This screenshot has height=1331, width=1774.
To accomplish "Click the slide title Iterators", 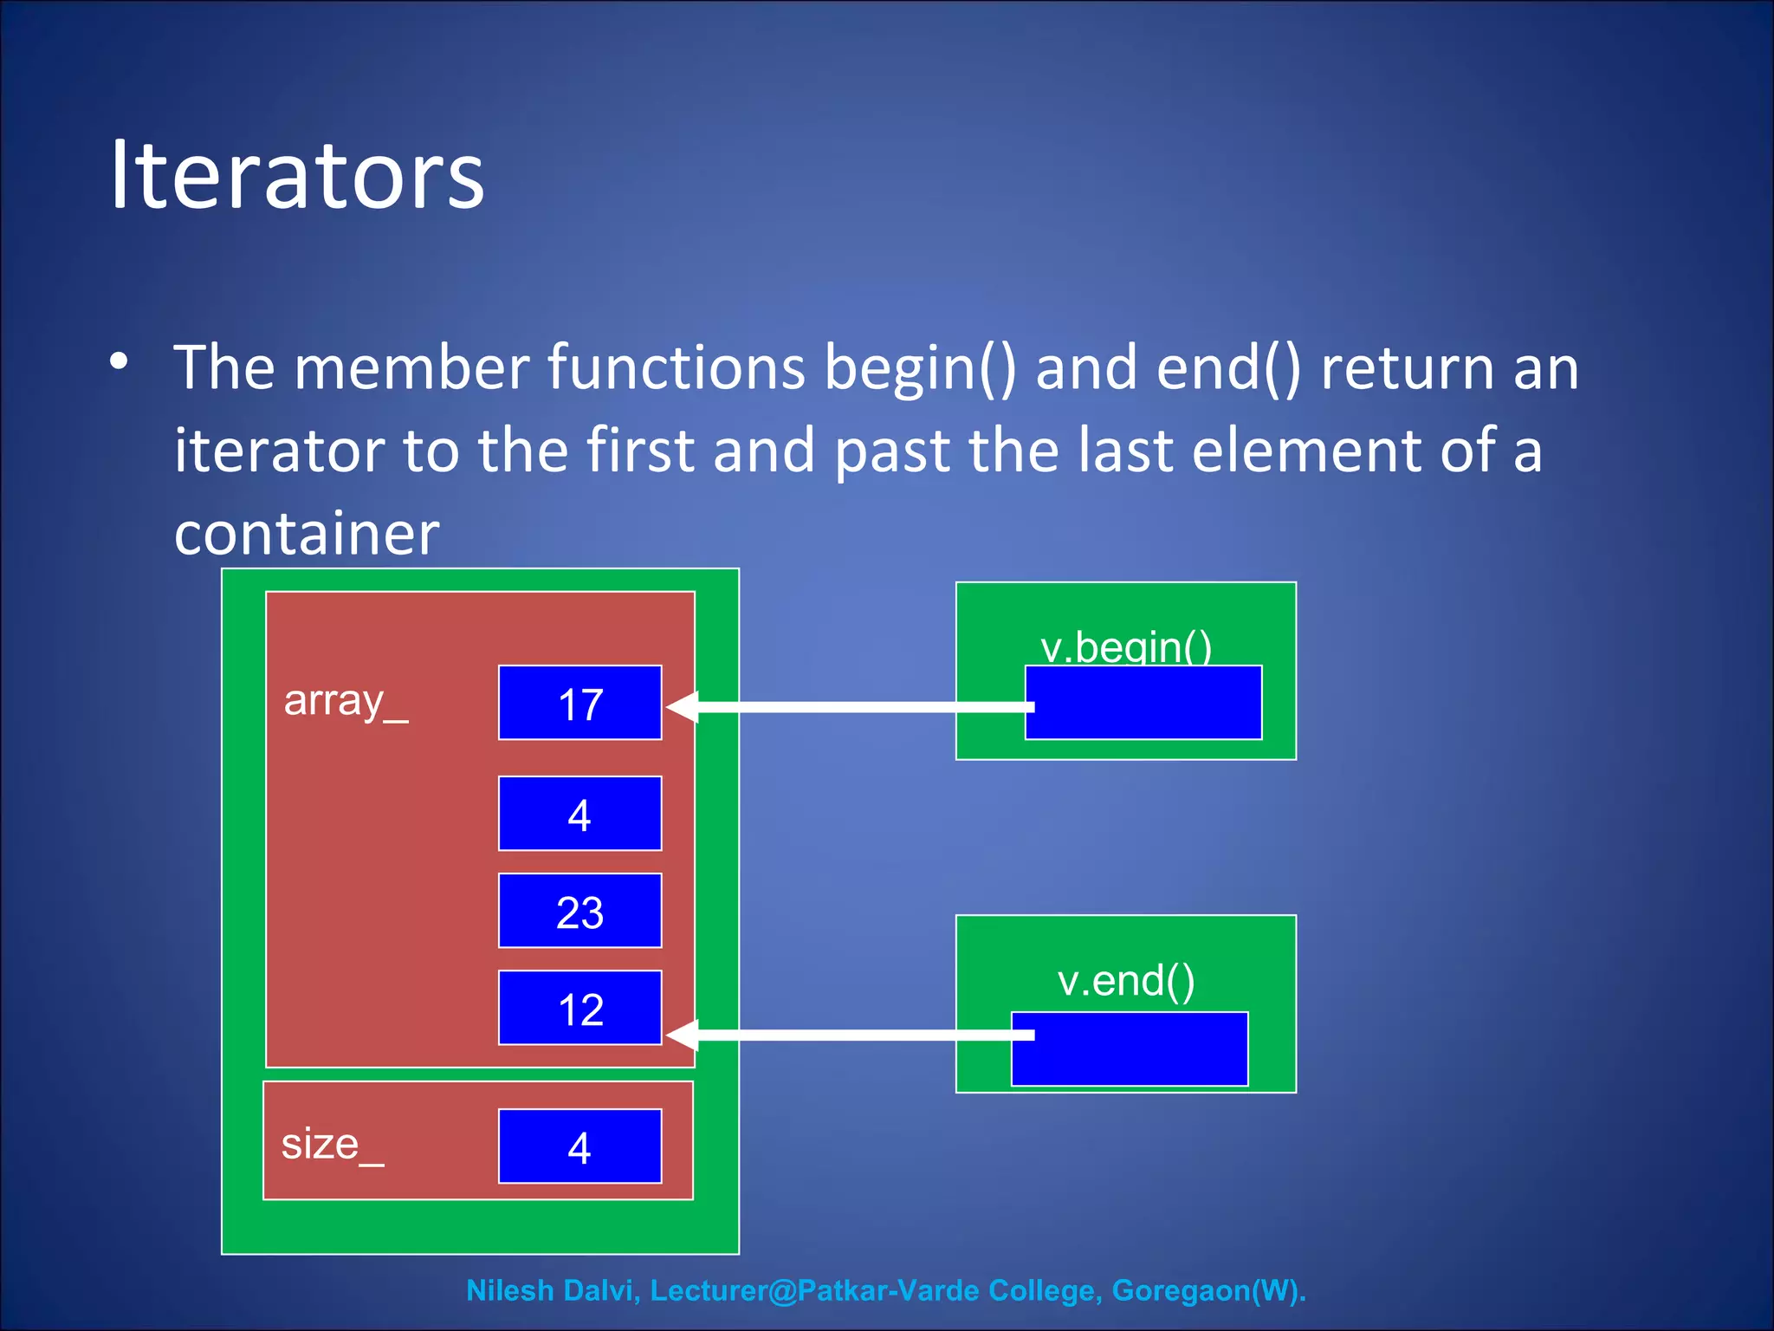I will [x=297, y=176].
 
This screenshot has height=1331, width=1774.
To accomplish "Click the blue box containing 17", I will [x=579, y=703].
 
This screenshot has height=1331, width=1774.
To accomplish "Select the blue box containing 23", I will [x=579, y=911].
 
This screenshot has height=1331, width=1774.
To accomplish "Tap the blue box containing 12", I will [x=579, y=1008].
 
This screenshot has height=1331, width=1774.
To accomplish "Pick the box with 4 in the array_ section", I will [x=579, y=814].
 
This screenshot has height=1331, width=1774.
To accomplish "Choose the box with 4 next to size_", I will [x=579, y=1146].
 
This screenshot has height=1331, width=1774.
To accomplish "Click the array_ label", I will [x=346, y=700].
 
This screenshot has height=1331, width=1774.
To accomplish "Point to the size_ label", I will [x=332, y=1144].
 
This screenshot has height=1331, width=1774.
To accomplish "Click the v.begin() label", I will [x=1126, y=646].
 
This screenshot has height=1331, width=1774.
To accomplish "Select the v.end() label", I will [x=1126, y=980].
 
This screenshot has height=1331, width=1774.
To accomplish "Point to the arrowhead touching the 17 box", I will [x=683, y=707].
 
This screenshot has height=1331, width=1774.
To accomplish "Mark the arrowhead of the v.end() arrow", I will [x=683, y=1035].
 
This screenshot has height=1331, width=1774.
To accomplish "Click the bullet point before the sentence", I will [x=120, y=361].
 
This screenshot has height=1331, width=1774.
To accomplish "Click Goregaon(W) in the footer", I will [x=1207, y=1290].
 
